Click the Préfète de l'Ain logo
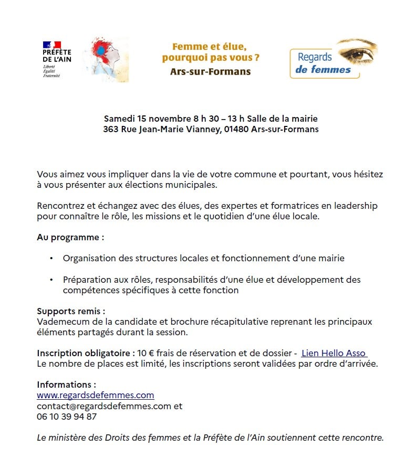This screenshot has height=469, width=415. click(56, 59)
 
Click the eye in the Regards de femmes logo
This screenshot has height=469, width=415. click(357, 54)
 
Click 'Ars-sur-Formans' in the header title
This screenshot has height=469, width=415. click(210, 71)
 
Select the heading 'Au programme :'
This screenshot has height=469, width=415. click(70, 237)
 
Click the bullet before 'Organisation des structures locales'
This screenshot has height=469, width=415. click(51, 258)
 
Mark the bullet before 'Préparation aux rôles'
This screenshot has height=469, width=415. click(51, 280)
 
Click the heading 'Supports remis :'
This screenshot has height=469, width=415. click(71, 311)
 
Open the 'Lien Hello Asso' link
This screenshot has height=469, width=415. click(334, 353)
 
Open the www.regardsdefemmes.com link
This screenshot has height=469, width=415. click(95, 395)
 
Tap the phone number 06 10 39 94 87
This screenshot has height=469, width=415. click(67, 417)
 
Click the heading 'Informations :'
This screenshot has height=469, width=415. click(66, 385)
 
